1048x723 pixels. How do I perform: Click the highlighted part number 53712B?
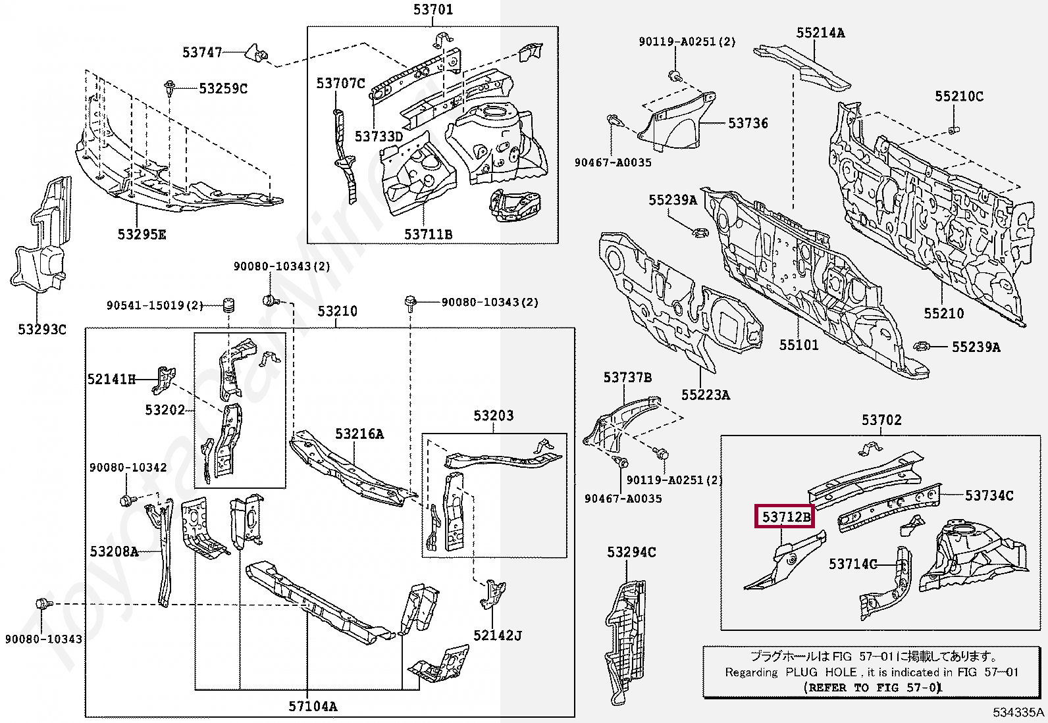[785, 517]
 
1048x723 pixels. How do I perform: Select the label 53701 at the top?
[433, 10]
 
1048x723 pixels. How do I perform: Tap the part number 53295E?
[142, 234]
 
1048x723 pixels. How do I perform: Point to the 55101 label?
[799, 345]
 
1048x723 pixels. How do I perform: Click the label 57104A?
[313, 707]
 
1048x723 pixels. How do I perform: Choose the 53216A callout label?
[359, 434]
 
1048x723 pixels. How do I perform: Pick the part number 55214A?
[820, 32]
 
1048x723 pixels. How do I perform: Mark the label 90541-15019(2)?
[155, 305]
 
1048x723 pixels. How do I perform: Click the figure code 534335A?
[1018, 712]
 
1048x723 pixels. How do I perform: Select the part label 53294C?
[631, 553]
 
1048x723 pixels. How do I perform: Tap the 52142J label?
[497, 636]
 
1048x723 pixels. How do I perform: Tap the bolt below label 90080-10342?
[125, 501]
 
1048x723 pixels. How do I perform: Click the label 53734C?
[989, 495]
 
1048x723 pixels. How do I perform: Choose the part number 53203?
[493, 416]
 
